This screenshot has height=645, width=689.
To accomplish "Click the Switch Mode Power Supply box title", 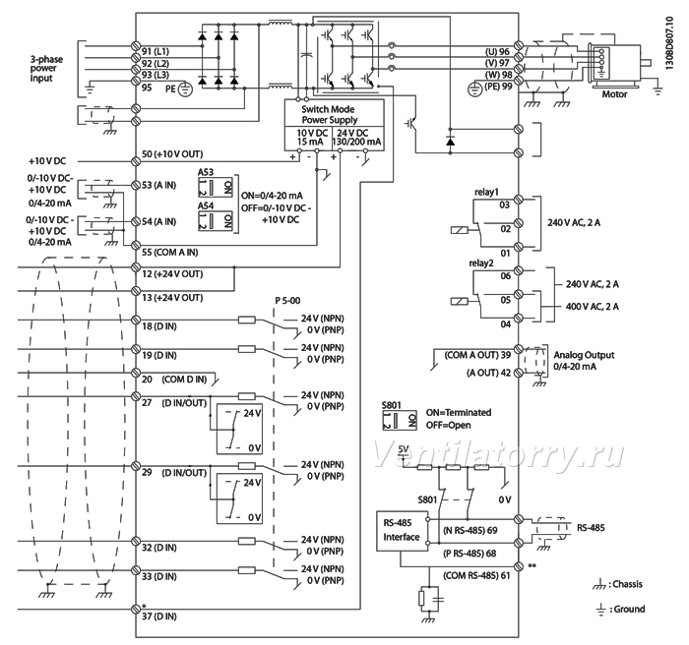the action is click(x=330, y=114).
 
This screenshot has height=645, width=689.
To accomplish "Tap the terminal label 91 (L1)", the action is click(x=156, y=51).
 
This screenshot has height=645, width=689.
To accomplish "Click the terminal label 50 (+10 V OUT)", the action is click(x=172, y=154).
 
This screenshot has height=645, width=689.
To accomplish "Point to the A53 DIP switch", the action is click(x=215, y=187).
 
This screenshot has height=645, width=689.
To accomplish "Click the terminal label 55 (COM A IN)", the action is click(x=169, y=252).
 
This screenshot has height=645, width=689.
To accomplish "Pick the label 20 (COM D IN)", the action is click(x=174, y=379).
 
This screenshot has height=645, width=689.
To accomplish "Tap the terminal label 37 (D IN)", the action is click(x=159, y=616).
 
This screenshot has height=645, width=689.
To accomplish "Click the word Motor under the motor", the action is click(x=614, y=94).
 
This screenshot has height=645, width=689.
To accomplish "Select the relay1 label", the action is click(x=486, y=193).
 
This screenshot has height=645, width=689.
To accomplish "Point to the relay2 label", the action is click(x=481, y=263).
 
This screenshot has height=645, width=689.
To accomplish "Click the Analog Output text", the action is click(x=584, y=355).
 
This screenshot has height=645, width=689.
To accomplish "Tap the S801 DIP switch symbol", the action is click(x=400, y=421).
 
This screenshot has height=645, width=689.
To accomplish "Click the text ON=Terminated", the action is click(x=459, y=412).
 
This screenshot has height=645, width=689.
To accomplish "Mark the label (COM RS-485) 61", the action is click(x=476, y=575).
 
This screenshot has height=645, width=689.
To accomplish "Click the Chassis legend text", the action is click(x=628, y=584).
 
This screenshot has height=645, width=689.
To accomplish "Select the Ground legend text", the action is click(x=629, y=609).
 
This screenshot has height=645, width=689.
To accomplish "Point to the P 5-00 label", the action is click(x=287, y=301).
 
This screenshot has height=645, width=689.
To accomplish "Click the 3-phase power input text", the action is click(x=46, y=69).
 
